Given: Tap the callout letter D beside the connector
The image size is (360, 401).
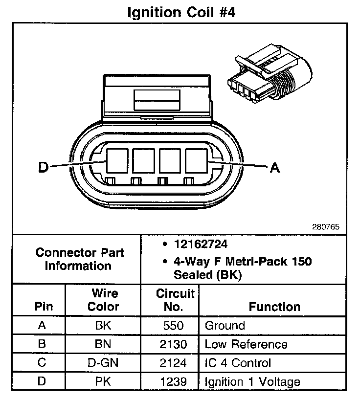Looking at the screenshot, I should pos(44,167).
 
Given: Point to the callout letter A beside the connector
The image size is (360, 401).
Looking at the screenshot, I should pos(275,168).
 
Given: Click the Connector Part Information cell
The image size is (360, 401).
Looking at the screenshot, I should pos(80,259).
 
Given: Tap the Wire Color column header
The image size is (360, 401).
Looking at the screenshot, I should pos(104,300).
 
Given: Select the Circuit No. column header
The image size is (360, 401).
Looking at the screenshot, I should pos(175,300).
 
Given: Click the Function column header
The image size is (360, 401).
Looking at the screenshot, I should pos(274,307).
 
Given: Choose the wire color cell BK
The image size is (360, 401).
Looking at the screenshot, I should pos(104,326).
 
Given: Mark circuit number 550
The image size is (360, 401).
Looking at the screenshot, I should pos(175,326).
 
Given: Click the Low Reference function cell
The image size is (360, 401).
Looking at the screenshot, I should pos(246,344).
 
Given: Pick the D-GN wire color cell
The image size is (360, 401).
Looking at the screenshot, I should pos(104,363).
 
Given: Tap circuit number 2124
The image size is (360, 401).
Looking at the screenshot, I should pos(175,363).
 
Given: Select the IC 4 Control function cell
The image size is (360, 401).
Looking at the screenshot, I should pos(237,363).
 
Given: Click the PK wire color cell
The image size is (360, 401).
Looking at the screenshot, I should pos(104,381).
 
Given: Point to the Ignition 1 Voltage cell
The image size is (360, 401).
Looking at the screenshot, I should pos(252,381).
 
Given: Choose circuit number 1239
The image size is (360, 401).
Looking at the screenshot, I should pos(175,381).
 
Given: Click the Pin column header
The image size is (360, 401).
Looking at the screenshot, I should pos(41,307).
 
